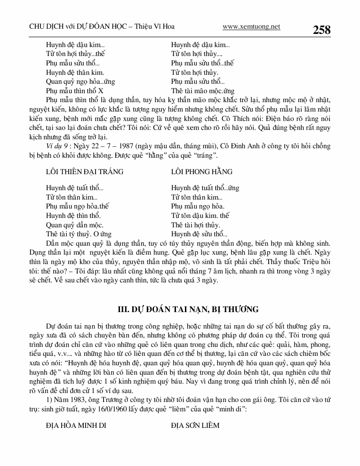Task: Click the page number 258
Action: [321, 30]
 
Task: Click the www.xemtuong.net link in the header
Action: [251, 27]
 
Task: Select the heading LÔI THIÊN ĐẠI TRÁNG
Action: [85, 171]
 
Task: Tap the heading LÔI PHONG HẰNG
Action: [202, 171]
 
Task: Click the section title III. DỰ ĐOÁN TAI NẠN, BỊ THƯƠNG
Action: [188, 309]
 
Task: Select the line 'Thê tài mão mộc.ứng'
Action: [203, 91]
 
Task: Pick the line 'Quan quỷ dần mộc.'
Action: [74, 225]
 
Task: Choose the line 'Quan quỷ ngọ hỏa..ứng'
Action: [80, 81]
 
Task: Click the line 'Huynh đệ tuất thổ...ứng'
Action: [205, 188]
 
